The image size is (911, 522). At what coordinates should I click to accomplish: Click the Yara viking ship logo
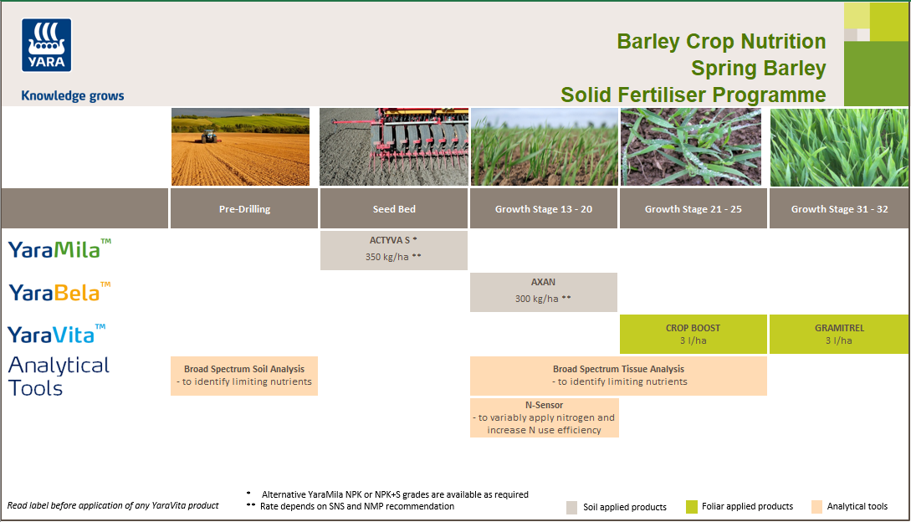[x=47, y=45]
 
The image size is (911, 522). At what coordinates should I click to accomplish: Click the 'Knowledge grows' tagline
[x=72, y=95]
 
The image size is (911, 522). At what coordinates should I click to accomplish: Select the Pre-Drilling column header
[x=244, y=209]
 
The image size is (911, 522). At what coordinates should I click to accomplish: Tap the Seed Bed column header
[x=393, y=209]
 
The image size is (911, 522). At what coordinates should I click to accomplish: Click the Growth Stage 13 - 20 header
[x=544, y=209]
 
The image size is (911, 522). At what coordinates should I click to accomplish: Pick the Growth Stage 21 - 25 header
[x=693, y=209]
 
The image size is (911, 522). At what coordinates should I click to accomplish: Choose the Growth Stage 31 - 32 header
[x=839, y=209]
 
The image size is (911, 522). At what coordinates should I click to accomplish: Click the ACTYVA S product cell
[x=393, y=249]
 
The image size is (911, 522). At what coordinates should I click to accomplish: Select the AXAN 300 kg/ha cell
[x=544, y=291]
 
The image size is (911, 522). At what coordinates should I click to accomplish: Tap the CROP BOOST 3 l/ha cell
[x=693, y=334]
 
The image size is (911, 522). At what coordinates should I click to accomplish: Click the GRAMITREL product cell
[x=839, y=334]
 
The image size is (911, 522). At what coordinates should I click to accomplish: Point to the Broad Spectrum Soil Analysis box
[x=244, y=376]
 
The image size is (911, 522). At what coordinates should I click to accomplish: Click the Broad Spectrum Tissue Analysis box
[x=618, y=376]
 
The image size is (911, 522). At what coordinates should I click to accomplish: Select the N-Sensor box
[x=544, y=417]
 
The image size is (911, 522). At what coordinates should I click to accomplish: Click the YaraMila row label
[x=59, y=248]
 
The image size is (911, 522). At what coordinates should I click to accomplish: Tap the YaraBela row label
[x=59, y=291]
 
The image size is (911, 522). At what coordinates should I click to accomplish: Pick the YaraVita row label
[x=57, y=334]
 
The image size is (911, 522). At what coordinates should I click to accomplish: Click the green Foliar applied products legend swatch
[x=691, y=507]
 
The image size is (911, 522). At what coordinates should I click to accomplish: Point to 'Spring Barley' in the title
[x=758, y=69]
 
